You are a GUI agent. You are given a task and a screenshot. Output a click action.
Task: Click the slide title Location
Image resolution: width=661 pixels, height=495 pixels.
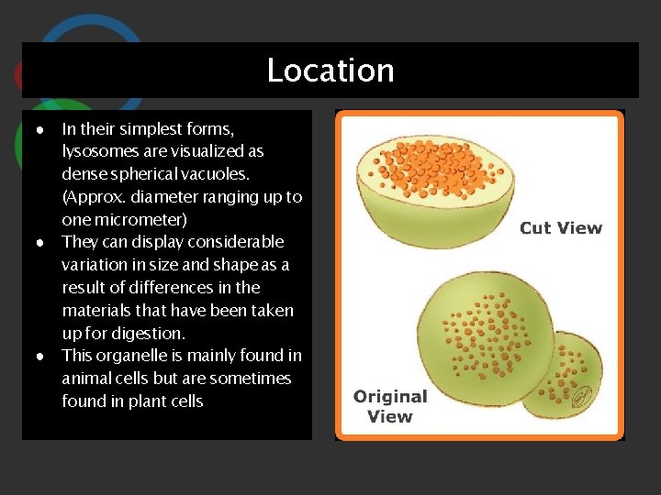tap(330, 71)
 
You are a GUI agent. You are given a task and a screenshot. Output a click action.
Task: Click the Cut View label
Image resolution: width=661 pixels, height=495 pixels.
tap(561, 228)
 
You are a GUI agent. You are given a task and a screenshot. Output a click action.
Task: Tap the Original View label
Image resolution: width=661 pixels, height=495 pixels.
tap(390, 406)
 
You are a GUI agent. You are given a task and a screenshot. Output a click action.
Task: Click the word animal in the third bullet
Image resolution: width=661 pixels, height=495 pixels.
tap(87, 379)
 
